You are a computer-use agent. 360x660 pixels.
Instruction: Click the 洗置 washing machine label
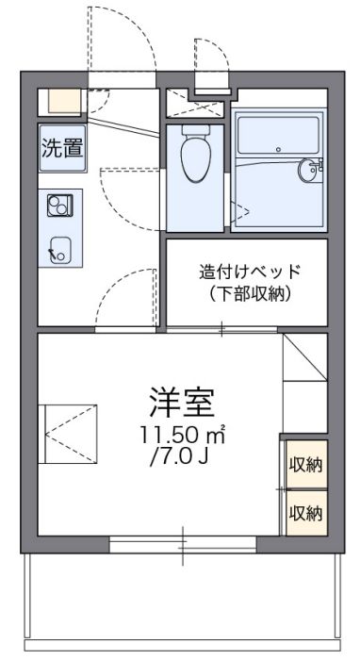[62, 147]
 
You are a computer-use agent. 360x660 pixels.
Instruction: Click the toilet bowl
[196, 155]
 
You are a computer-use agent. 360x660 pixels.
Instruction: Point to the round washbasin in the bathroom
[311, 171]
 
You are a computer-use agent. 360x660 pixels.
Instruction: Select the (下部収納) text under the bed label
[250, 293]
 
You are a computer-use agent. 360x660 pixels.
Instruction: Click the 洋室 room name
[182, 404]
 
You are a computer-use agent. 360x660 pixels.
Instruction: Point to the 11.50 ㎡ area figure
[182, 437]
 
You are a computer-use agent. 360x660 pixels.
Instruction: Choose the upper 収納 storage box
[305, 465]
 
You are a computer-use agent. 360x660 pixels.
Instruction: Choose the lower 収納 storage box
[305, 514]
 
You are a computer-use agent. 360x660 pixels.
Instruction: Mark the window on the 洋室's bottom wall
[183, 544]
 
